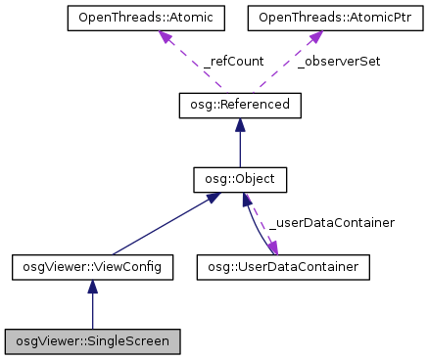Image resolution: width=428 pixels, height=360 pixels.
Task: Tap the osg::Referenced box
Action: click(240, 103)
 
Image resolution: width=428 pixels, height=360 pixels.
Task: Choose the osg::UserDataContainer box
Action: click(283, 265)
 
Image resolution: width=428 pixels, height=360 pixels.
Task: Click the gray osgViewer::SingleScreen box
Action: click(93, 342)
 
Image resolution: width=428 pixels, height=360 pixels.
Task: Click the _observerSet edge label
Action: click(339, 61)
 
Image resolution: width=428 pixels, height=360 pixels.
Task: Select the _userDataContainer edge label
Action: click(331, 223)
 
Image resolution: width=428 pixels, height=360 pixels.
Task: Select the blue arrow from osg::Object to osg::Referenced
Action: click(240, 147)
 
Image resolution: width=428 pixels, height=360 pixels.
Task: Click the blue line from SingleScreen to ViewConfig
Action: click(93, 311)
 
